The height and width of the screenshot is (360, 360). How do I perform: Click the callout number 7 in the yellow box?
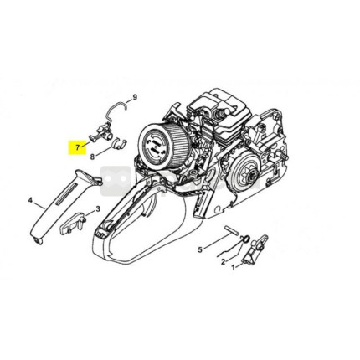pyautogui.click(x=77, y=147)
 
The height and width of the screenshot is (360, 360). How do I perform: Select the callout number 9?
pyautogui.click(x=135, y=97)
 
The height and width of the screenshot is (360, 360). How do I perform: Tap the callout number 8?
pyautogui.click(x=93, y=157)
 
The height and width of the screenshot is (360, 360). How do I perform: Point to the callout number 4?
pyautogui.click(x=31, y=200)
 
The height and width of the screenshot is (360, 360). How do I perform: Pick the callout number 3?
pyautogui.click(x=98, y=208)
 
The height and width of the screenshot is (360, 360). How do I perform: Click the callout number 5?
pyautogui.click(x=200, y=249)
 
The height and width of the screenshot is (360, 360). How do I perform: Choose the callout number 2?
pyautogui.click(x=223, y=262)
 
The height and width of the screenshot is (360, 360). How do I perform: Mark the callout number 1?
pyautogui.click(x=234, y=267)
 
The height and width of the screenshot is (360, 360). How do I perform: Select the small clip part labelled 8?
pyautogui.click(x=119, y=142)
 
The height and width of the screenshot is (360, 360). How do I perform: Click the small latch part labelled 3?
pyautogui.click(x=73, y=224)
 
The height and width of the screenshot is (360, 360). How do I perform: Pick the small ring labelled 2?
pyautogui.click(x=245, y=239)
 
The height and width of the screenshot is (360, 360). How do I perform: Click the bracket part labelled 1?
pyautogui.click(x=255, y=249)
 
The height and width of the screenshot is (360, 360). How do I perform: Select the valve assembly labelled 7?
pyautogui.click(x=102, y=132)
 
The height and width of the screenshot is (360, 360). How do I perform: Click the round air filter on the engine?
pyautogui.click(x=165, y=146)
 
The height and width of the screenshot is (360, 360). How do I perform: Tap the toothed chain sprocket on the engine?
pyautogui.click(x=250, y=173)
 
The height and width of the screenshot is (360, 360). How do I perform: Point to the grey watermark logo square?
pyautogui.click(x=116, y=181)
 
